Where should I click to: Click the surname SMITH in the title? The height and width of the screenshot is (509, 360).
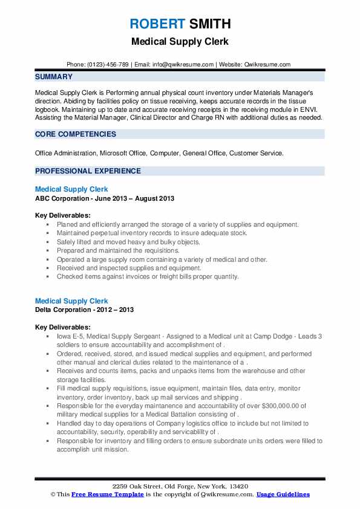point(209,25)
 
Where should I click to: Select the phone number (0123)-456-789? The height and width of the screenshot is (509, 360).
point(108,65)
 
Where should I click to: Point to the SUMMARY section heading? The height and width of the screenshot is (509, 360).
point(54,77)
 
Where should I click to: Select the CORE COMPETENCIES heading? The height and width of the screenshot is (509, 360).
point(76,134)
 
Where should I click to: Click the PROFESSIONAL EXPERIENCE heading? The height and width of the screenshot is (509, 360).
point(88,171)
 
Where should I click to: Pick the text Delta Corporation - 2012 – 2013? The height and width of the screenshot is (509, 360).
point(85,310)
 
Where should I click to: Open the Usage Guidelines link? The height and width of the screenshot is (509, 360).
point(283,494)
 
